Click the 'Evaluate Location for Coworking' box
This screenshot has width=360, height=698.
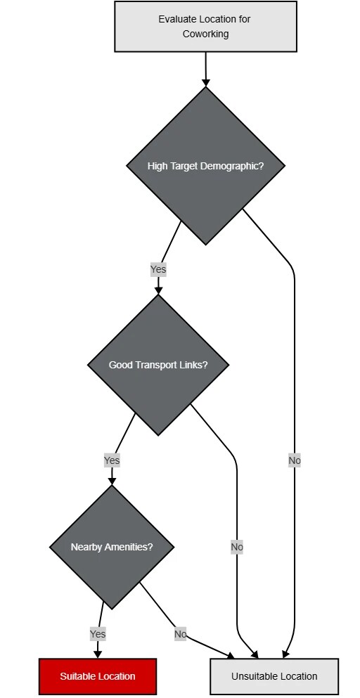pos(205,27)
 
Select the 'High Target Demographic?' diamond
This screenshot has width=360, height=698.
pos(205,166)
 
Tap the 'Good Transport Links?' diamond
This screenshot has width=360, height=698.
pos(158,365)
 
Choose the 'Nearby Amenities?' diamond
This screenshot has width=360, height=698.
pos(112,547)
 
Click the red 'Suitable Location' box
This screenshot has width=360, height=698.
pos(98,676)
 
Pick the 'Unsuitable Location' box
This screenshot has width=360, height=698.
pos(274,676)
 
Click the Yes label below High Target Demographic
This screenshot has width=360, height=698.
pos(158,269)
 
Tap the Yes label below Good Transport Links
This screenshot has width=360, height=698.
pos(112,460)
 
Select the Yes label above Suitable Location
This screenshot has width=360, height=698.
pos(98,634)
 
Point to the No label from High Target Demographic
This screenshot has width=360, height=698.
pos(295,460)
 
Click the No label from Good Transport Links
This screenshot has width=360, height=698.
pos(237,547)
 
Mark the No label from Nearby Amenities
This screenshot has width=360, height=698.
pos(181,634)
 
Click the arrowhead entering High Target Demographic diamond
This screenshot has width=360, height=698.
pos(205,82)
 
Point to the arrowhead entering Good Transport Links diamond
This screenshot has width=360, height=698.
pos(158,290)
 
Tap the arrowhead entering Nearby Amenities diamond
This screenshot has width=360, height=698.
pos(112,481)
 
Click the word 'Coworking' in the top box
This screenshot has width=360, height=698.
pos(205,34)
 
